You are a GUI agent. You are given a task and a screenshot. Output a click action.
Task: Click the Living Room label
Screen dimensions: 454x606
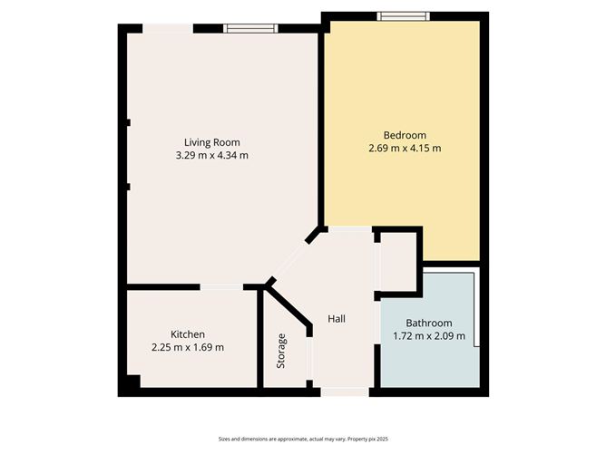pos(211,142)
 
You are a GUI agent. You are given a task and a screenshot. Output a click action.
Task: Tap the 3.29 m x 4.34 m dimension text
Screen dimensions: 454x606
pos(211,155)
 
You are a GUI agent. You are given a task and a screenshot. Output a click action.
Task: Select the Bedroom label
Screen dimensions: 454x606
pos(404,135)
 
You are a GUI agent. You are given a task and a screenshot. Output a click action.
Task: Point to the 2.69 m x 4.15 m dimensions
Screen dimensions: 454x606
pos(404,149)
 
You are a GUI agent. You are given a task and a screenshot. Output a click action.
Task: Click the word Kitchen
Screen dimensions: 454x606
pos(188,333)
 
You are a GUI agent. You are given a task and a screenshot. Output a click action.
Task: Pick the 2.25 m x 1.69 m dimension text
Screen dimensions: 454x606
pos(188,347)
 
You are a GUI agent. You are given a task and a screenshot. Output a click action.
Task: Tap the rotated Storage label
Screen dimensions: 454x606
pos(281,351)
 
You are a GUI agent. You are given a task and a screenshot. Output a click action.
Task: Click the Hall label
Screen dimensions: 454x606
pos(337,318)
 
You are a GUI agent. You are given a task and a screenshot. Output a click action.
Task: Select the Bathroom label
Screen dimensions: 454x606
pos(428,324)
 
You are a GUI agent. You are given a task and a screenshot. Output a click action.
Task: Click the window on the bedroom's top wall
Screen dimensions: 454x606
pos(404,15)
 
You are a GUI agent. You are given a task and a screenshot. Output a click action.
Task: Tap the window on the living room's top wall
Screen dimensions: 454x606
pos(251,28)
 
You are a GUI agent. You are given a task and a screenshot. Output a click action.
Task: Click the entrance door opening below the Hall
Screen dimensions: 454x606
pos(345,391)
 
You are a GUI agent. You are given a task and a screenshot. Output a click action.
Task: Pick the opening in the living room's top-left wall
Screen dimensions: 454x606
pos(167,28)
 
